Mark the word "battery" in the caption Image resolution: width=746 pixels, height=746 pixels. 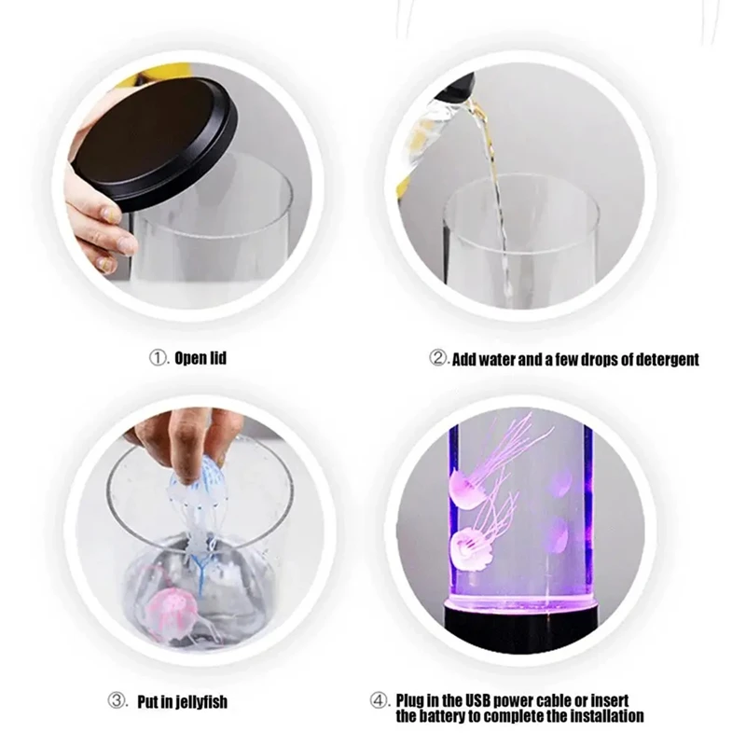click(x=444, y=717)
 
